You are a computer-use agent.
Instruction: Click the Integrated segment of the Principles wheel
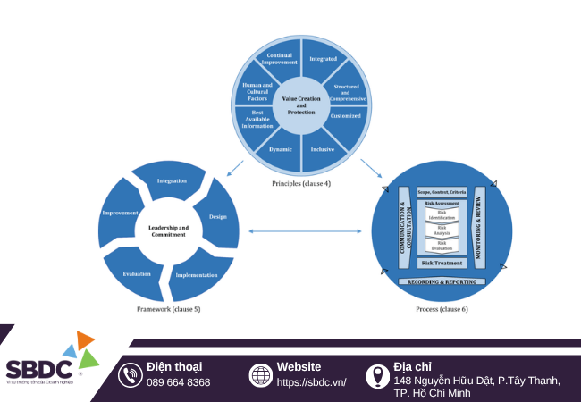tap(323, 60)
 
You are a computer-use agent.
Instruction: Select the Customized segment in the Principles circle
tap(345, 116)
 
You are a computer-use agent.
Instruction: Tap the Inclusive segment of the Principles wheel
tap(322, 148)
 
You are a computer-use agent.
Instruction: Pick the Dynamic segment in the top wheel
tap(281, 148)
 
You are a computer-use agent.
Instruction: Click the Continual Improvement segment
tap(281, 59)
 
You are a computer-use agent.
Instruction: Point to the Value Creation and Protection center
tap(302, 105)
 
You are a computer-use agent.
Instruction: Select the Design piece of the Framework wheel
tap(217, 217)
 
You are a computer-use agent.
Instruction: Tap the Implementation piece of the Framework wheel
tap(197, 274)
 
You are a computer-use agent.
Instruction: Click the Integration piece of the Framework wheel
tap(172, 181)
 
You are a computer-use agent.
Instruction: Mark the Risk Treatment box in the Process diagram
tap(442, 264)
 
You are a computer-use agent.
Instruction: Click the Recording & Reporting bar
tap(442, 281)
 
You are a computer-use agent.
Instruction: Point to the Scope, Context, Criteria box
tap(442, 193)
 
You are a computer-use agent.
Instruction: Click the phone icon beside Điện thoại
tap(131, 375)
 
